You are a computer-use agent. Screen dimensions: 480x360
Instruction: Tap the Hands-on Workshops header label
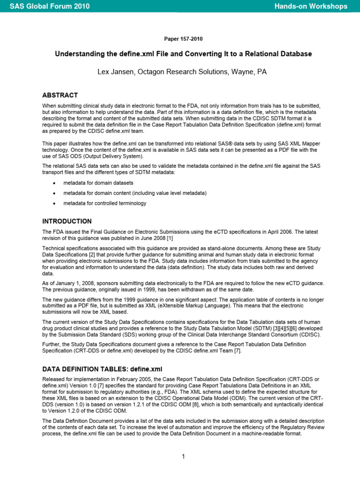click(x=311, y=6)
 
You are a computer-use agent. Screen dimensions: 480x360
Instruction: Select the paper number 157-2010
click(x=180, y=39)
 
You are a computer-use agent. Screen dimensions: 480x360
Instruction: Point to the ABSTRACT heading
click(x=60, y=95)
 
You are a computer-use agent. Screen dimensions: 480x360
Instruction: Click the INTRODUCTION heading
click(x=67, y=221)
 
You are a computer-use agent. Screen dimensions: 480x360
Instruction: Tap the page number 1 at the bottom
click(x=184, y=457)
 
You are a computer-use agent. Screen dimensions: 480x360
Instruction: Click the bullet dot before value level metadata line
click(x=54, y=193)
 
